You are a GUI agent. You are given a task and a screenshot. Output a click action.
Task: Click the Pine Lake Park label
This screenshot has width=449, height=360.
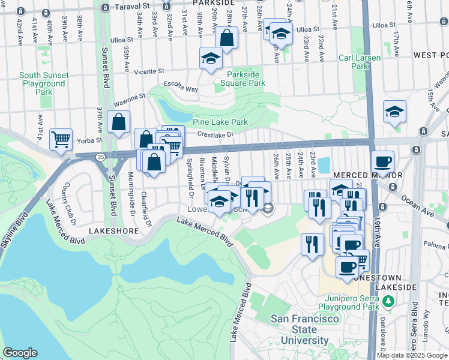(220, 122)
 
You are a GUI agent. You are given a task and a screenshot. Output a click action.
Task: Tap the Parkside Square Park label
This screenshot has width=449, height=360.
(243, 79)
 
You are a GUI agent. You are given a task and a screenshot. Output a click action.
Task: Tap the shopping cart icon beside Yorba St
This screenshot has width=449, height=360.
(61, 139)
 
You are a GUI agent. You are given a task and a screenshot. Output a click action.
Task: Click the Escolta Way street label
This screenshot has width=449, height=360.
(184, 89)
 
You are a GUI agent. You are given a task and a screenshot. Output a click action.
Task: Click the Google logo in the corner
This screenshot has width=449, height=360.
(20, 353)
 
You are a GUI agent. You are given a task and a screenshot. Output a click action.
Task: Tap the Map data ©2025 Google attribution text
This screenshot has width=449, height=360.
(412, 355)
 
